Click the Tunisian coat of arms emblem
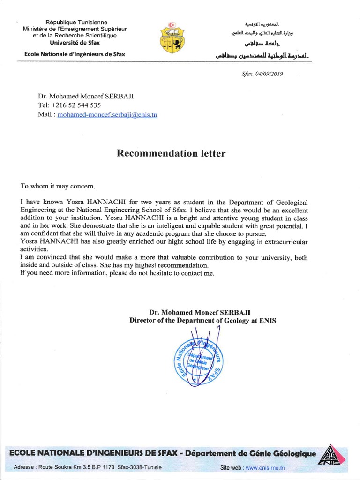pyautogui.click(x=172, y=38)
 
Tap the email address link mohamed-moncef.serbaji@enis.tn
pyautogui.click(x=107, y=114)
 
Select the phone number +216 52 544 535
pyautogui.click(x=76, y=105)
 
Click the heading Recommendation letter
pyautogui.click(x=171, y=153)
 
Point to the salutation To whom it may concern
pyautogui.click(x=58, y=186)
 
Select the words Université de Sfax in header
pyautogui.click(x=75, y=43)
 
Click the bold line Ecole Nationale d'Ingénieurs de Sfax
pyautogui.click(x=75, y=54)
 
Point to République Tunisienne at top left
pyautogui.click(x=76, y=22)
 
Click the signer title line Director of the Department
pyautogui.click(x=203, y=321)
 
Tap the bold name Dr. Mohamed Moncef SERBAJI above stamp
pyautogui.click(x=200, y=312)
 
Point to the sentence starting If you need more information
pyautogui.click(x=117, y=274)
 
